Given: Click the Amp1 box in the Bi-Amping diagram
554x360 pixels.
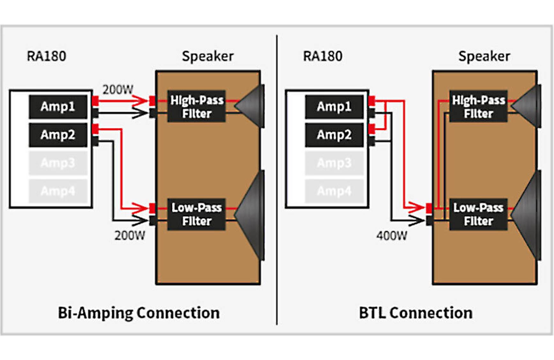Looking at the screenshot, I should [x=58, y=107].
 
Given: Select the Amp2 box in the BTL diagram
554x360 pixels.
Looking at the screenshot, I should [x=334, y=135].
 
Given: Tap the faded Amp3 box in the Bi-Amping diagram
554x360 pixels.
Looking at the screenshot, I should [x=58, y=163].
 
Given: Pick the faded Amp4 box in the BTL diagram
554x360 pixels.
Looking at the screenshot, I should [x=334, y=191].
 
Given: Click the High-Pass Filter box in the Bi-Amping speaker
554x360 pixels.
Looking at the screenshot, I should [x=196, y=107].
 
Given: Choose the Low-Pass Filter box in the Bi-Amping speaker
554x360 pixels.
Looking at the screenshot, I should [x=196, y=214].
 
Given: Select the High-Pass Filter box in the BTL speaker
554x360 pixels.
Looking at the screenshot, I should [x=478, y=107].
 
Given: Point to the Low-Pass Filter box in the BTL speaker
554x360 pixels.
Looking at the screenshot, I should [x=478, y=214].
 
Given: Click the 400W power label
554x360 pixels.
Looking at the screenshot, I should [x=392, y=236].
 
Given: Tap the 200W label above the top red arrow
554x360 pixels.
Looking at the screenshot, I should [x=117, y=90].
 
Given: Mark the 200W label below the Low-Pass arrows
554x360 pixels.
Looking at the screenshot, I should [x=130, y=236].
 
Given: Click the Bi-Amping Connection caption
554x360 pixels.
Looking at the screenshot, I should [x=138, y=313].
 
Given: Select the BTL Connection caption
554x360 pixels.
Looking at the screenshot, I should [x=415, y=313].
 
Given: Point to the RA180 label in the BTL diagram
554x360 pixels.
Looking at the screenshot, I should [x=323, y=56].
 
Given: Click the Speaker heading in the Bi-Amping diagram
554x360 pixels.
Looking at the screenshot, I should [x=208, y=56].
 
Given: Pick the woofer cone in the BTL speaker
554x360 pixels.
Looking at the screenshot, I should [x=528, y=215].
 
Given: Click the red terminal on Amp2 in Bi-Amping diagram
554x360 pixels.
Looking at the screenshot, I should [x=95, y=129].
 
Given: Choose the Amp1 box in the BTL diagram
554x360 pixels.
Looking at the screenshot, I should [x=334, y=107].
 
